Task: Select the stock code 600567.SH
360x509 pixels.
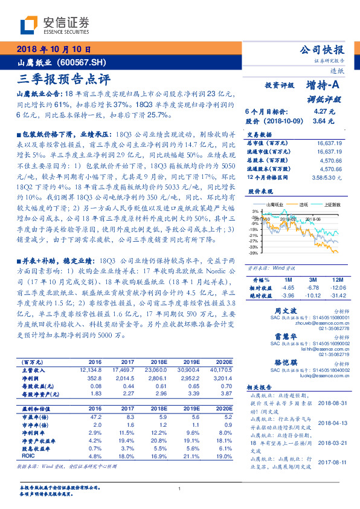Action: coord(85,62)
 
